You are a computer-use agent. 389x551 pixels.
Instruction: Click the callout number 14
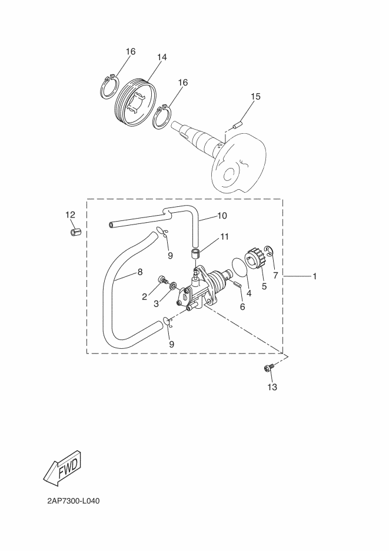click(x=162, y=57)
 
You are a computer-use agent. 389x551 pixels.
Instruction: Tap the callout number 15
click(x=255, y=96)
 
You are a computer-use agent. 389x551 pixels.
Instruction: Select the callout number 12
click(x=70, y=215)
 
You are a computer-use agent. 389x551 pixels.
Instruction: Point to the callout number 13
click(x=272, y=387)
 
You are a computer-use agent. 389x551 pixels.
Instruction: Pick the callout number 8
click(x=139, y=272)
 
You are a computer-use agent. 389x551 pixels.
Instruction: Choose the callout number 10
click(x=222, y=216)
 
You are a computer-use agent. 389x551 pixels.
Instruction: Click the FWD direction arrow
click(x=61, y=470)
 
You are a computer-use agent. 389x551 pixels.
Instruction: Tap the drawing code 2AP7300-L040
click(x=74, y=501)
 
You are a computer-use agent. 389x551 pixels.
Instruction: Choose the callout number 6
click(x=241, y=306)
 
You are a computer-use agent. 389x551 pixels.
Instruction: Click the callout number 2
click(x=144, y=296)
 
